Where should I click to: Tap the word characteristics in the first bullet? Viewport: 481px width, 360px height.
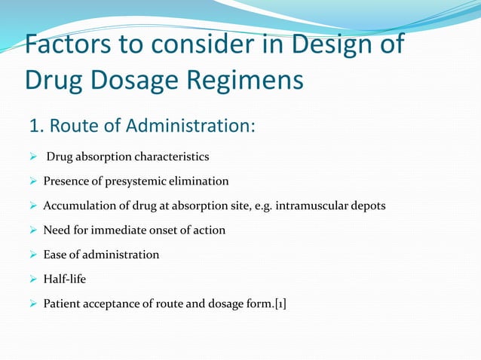[171, 157]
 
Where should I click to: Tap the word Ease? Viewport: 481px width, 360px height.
[56, 255]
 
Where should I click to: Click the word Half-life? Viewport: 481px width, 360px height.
[65, 279]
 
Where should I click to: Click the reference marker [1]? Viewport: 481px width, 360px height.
[280, 304]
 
